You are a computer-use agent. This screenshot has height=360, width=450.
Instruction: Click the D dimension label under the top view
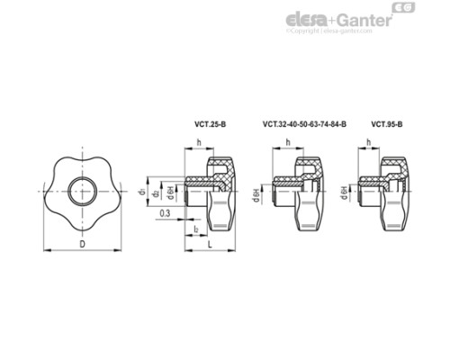[x=83, y=243]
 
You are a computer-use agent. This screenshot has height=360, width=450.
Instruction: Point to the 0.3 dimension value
[x=164, y=212]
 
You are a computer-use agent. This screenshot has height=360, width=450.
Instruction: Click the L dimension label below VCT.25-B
[x=209, y=243]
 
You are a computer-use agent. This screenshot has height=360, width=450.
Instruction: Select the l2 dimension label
[x=195, y=230]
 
